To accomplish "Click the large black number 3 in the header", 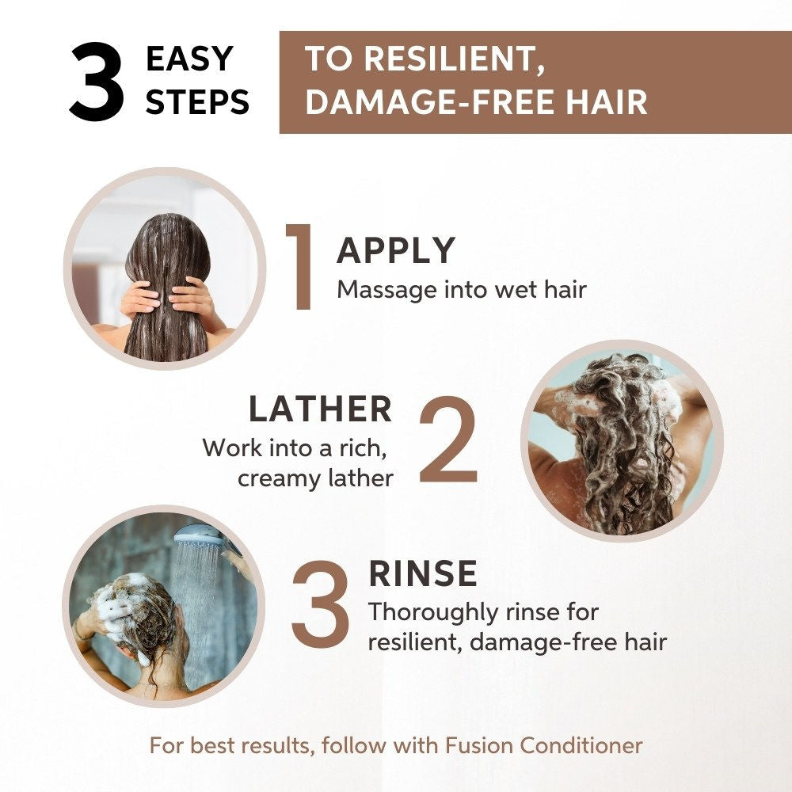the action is click(x=97, y=81).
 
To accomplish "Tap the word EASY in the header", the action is click(x=190, y=59).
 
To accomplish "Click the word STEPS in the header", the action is click(x=197, y=101).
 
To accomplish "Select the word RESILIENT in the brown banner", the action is click(x=455, y=59).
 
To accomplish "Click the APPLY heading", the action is click(x=396, y=250).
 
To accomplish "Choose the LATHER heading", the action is click(x=320, y=409).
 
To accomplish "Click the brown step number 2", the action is click(x=447, y=440).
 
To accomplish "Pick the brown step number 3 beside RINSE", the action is click(x=320, y=604).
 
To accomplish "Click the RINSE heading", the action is click(x=423, y=573).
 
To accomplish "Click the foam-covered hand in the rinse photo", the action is click(x=112, y=606).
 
